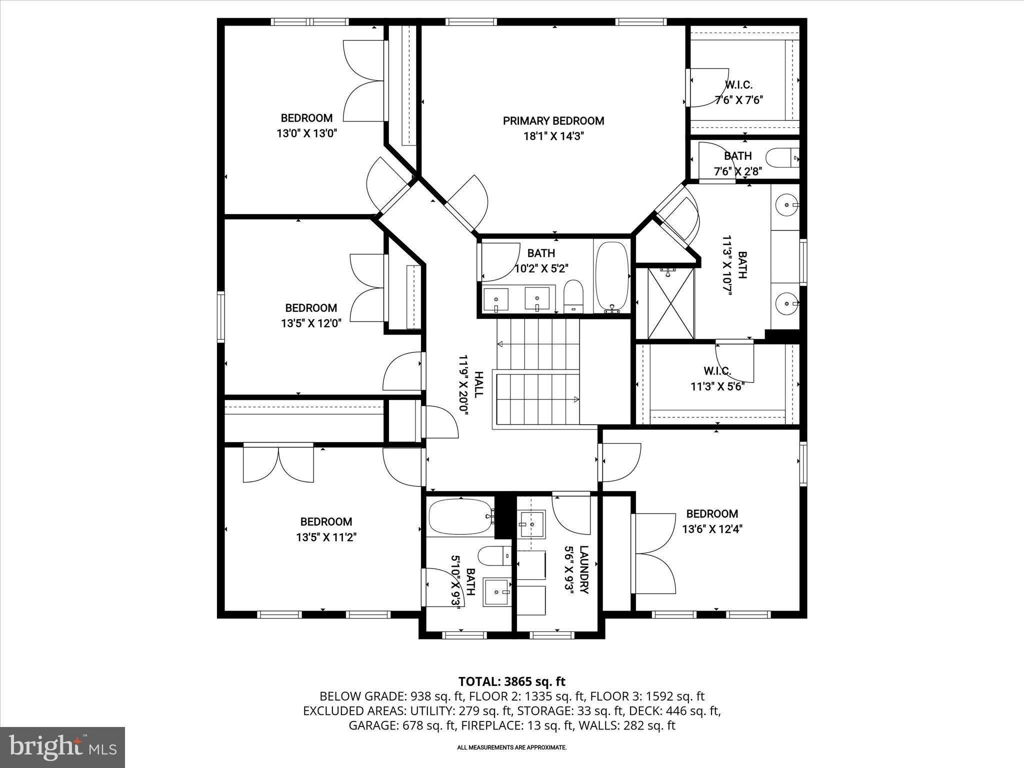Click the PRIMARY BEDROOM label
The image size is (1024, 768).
pos(553,121)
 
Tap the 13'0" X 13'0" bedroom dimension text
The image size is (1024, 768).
pos(307,133)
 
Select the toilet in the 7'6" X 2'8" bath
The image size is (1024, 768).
pos(782,157)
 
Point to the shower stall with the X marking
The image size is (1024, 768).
pos(671,303)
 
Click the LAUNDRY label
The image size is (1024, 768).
pos(584,569)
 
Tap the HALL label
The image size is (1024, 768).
pos(478,384)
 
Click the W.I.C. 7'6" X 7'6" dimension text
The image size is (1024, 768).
pos(738,100)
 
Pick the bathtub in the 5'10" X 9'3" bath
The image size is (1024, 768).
pos(459,517)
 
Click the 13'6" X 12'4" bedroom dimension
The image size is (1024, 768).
pos(712,529)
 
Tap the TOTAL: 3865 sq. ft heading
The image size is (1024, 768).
pos(511,681)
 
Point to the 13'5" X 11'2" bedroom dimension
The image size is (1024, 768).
pos(326,537)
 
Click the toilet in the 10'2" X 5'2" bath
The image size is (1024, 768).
pos(574,296)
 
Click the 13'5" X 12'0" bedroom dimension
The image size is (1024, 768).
pos(311,323)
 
